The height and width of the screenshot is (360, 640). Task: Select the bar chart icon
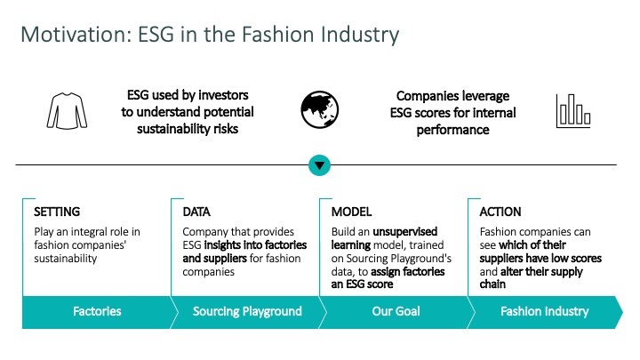tap(573, 109)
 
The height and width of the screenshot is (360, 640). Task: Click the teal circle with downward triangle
tap(320, 164)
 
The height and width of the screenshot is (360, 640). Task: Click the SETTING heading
tap(57, 212)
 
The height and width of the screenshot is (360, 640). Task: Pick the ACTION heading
tap(500, 212)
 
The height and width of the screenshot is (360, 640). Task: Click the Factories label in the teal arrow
tap(97, 311)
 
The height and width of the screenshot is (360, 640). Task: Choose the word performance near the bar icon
tap(452, 130)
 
